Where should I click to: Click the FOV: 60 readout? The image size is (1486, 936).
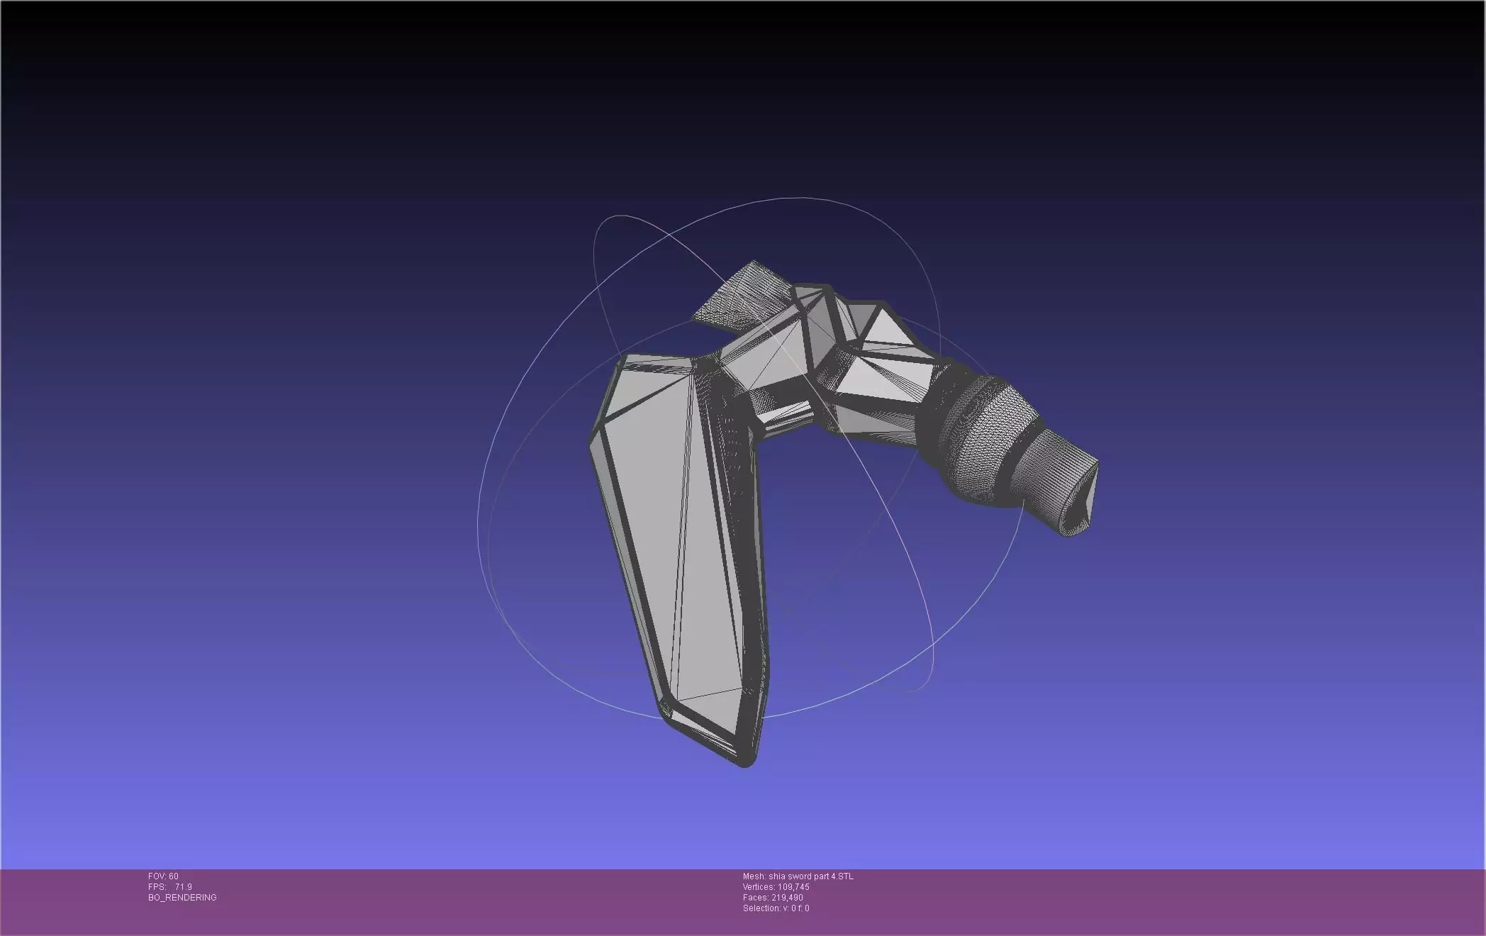pos(163,876)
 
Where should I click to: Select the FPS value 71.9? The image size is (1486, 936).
pos(183,887)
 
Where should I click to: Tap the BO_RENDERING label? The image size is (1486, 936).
pos(182,898)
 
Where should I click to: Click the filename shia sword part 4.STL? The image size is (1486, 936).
pos(811,876)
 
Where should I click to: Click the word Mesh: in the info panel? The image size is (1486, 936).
pos(754,876)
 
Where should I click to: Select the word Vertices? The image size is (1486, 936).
pos(758,887)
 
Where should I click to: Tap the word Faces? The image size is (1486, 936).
pos(755,898)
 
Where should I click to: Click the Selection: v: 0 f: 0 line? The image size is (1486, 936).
pos(776,908)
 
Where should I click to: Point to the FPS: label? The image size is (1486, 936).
pos(157,887)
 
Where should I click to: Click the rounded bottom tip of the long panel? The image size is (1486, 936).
pos(745,762)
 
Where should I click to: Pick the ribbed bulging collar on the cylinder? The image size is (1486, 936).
pos(982,433)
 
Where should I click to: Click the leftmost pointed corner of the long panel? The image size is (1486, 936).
pos(593,443)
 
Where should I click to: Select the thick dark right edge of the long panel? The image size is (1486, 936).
pos(756,567)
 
